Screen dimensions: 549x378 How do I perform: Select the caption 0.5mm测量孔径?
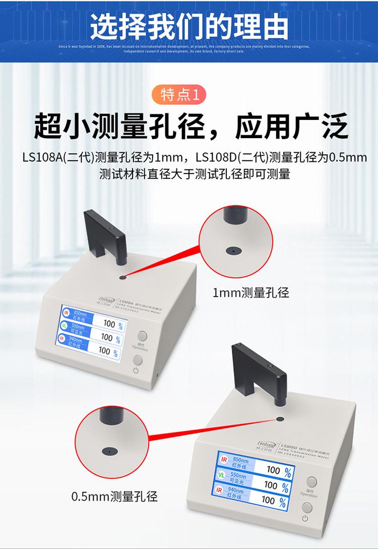tap(114, 496)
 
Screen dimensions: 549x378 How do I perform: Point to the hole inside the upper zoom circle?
tap(232, 250)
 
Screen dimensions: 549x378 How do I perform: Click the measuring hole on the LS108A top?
tap(122, 277)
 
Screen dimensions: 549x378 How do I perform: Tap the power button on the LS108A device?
tap(137, 360)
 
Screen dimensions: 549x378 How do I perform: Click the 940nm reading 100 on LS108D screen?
tap(268, 500)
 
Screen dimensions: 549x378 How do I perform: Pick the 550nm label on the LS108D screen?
tap(238, 475)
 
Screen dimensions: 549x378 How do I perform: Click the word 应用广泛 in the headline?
tap(292, 127)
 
